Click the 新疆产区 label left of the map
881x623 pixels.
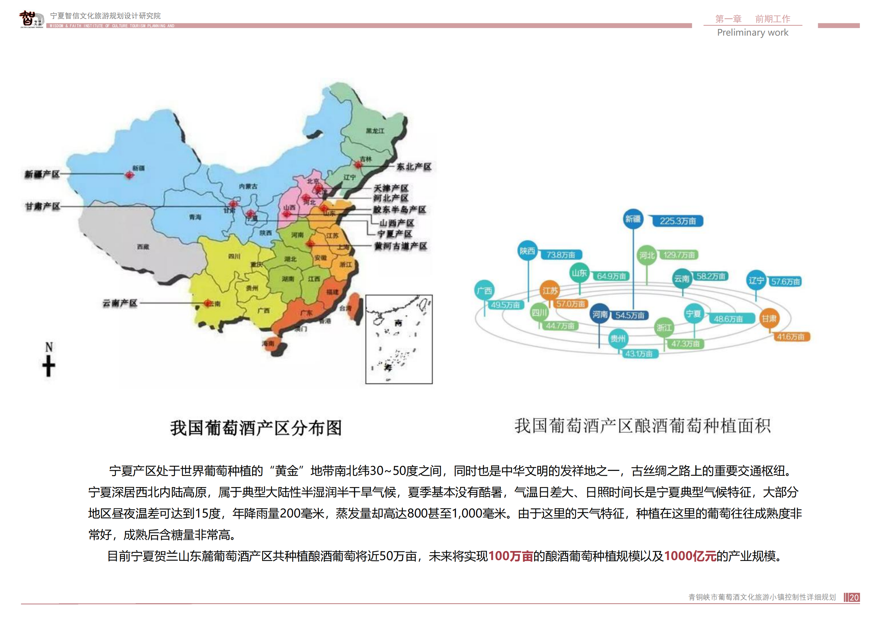pyautogui.click(x=42, y=174)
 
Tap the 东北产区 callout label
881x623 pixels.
pyautogui.click(x=414, y=167)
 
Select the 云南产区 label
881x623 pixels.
pyautogui.click(x=120, y=303)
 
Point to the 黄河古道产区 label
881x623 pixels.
pyautogui.click(x=401, y=246)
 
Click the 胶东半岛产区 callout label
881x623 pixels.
pyautogui.click(x=400, y=210)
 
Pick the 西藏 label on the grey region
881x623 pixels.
pyautogui.click(x=143, y=247)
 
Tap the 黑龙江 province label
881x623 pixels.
pyautogui.click(x=375, y=131)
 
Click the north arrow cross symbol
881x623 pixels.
pyautogui.click(x=49, y=366)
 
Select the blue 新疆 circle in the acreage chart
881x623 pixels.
pyautogui.click(x=633, y=219)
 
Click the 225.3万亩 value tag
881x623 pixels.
pyautogui.click(x=678, y=221)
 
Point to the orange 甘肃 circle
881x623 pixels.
pyautogui.click(x=769, y=318)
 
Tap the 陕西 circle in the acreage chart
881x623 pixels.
pyautogui.click(x=527, y=251)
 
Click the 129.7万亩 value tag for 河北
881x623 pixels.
pyautogui.click(x=679, y=255)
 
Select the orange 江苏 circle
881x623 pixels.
pyautogui.click(x=550, y=291)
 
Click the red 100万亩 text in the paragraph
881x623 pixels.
pyautogui.click(x=510, y=556)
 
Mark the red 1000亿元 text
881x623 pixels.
pyautogui.click(x=690, y=556)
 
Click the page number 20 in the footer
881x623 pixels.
pyautogui.click(x=854, y=597)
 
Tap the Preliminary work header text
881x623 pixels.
pyautogui.click(x=752, y=33)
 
